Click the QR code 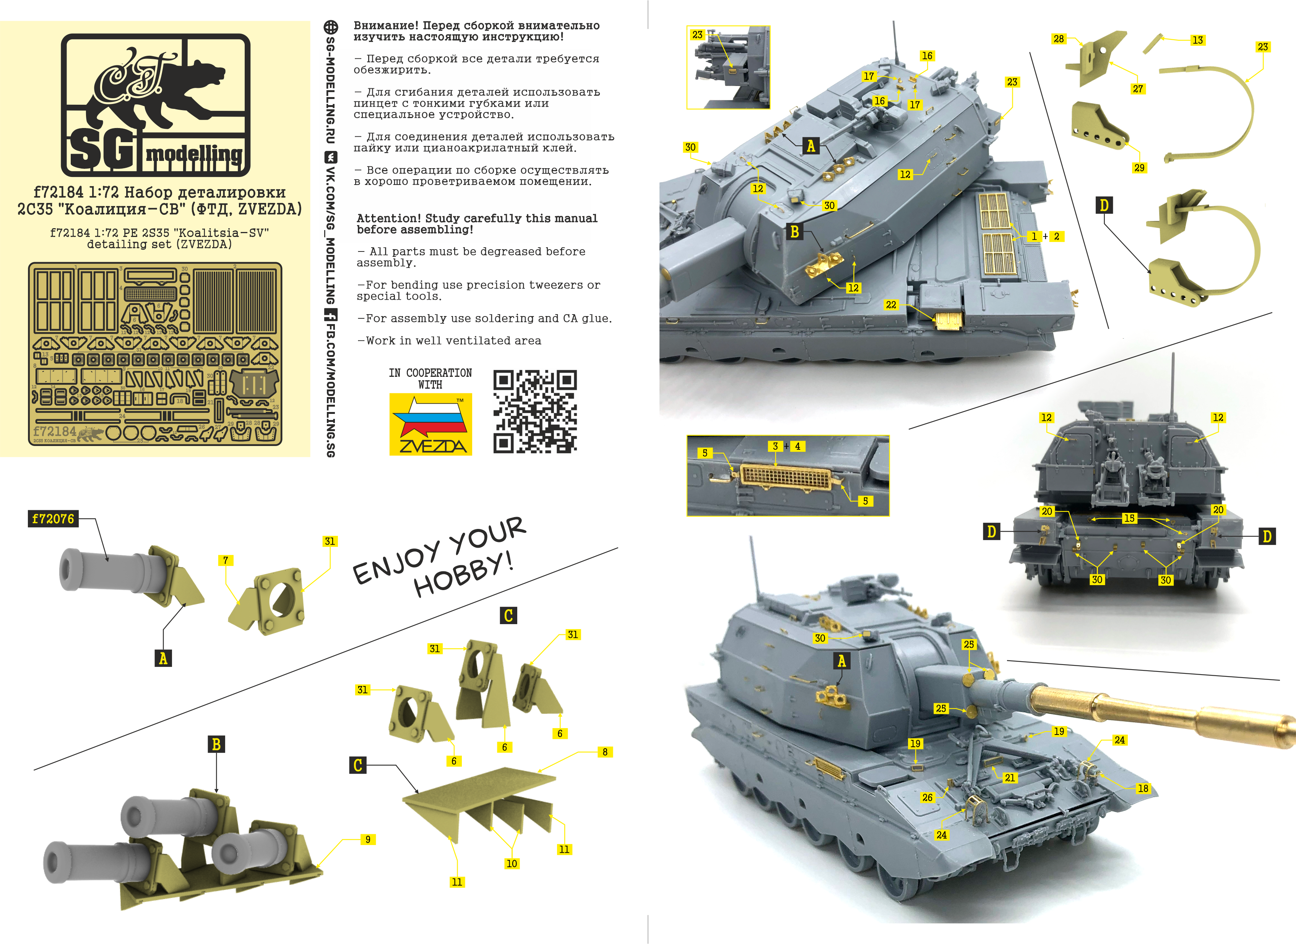click(x=535, y=412)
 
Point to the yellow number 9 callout click(x=368, y=839)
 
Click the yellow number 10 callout click(x=512, y=863)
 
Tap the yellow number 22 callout click(x=891, y=305)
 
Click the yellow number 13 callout click(x=1198, y=40)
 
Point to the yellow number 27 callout click(x=1138, y=89)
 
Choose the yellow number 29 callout click(x=1139, y=167)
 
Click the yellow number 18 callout click(x=1143, y=788)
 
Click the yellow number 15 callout click(x=1129, y=518)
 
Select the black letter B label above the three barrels click(x=216, y=744)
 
